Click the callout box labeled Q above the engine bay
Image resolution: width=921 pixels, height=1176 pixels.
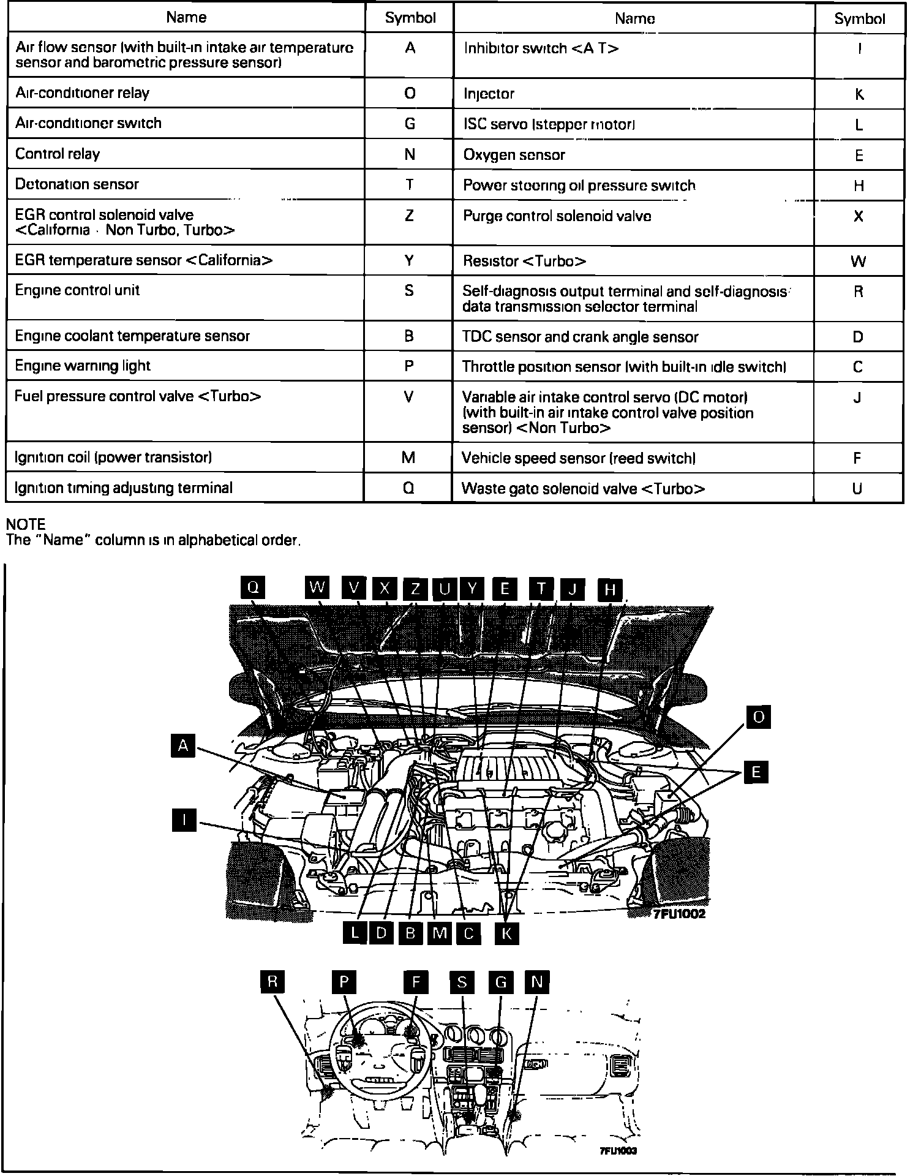[x=253, y=587]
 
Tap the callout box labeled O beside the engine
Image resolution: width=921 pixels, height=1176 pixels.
[x=758, y=717]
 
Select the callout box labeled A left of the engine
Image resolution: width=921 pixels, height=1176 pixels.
[x=182, y=746]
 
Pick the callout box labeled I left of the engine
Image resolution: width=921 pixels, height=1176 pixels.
[x=184, y=820]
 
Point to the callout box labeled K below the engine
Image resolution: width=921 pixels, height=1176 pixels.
[x=506, y=933]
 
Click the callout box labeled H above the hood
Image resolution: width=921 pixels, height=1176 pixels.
[x=609, y=589]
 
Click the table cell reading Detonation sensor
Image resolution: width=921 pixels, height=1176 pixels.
[x=77, y=184]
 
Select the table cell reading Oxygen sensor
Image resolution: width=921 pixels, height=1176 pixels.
[x=514, y=155]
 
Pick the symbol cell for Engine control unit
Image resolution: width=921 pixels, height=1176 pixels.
[x=409, y=290]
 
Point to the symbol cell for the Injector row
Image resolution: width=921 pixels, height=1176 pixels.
[x=859, y=94]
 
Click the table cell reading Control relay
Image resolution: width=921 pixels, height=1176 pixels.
[x=58, y=154]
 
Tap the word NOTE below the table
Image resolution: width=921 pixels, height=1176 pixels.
[x=26, y=524]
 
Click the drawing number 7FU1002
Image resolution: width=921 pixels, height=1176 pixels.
[x=679, y=914]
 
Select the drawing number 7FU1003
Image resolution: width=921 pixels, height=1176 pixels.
[x=618, y=1151]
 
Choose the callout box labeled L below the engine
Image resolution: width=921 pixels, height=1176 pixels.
[x=355, y=933]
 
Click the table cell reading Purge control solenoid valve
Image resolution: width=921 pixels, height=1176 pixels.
[x=557, y=216]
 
